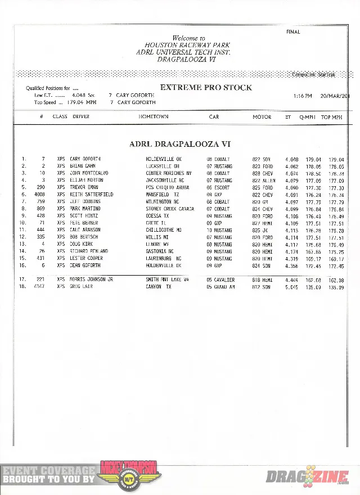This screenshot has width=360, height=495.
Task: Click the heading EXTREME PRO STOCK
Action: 206,87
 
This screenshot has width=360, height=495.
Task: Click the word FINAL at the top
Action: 293,32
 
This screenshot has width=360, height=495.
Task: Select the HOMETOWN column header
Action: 154,117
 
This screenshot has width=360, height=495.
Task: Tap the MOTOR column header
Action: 262,117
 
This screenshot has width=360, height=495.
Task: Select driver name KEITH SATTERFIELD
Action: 92,195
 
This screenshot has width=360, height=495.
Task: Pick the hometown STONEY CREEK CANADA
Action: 170,209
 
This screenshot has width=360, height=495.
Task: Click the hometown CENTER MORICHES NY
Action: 169,173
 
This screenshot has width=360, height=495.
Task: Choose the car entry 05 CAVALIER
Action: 220,280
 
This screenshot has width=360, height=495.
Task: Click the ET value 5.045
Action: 291,287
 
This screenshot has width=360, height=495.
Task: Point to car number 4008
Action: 39,195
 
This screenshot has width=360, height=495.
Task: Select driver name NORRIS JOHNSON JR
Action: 92,280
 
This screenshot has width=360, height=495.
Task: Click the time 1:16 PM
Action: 302,96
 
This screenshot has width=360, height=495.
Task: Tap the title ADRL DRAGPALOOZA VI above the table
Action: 179,144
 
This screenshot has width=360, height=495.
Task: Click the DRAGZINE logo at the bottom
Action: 308,478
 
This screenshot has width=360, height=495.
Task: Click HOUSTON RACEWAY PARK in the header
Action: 187,45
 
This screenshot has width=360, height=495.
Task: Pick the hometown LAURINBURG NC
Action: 164,258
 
